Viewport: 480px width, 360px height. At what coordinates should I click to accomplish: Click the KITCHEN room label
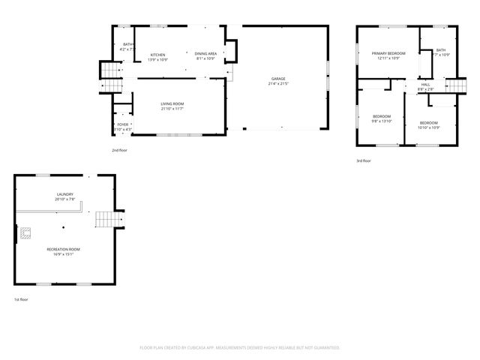click(x=157, y=55)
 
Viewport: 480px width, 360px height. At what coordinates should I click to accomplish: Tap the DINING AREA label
click(x=205, y=54)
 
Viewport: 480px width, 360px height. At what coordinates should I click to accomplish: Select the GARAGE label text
click(x=278, y=79)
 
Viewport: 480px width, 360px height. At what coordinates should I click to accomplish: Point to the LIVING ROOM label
click(x=172, y=104)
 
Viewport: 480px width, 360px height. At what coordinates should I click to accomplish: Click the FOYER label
click(x=122, y=124)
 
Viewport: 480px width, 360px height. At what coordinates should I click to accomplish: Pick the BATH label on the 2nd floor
click(x=127, y=45)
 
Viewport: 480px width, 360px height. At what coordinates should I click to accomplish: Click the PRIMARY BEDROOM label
click(x=388, y=53)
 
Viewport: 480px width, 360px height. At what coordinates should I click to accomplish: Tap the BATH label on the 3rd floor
click(x=440, y=50)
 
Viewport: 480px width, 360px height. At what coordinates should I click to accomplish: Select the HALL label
click(x=425, y=85)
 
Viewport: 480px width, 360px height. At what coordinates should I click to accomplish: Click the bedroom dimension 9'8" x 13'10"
click(x=382, y=120)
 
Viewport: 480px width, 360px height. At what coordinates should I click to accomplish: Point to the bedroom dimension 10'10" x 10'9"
click(x=428, y=127)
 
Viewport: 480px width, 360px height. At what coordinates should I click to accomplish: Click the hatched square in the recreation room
click(x=25, y=232)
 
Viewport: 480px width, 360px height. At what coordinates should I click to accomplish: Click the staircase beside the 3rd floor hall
click(x=457, y=86)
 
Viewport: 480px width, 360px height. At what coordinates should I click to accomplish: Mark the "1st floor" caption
click(x=22, y=299)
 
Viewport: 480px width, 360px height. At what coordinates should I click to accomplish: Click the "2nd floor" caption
click(x=119, y=151)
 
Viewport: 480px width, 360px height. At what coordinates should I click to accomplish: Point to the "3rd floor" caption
click(x=363, y=160)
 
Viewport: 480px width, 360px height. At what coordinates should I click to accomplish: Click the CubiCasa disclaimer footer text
click(x=240, y=347)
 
